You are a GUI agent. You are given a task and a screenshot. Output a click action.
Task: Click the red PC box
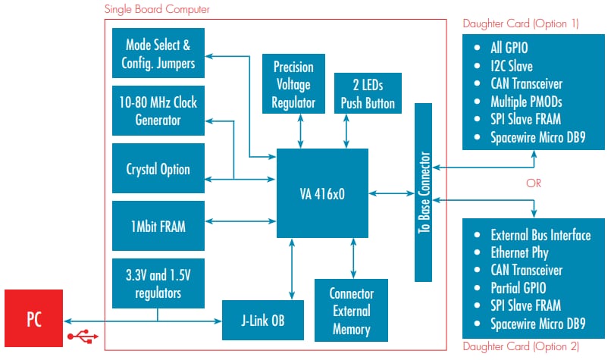click(33, 318)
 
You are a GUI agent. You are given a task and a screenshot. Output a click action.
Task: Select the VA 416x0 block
click(322, 193)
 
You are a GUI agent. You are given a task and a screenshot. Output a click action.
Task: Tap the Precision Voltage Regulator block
click(293, 84)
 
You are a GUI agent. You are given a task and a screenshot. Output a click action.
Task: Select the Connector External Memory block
click(351, 311)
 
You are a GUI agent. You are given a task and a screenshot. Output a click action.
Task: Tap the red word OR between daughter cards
click(533, 183)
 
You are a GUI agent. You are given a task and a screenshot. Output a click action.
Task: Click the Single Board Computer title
click(157, 9)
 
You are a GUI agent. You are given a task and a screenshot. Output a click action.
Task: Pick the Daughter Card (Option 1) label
click(521, 23)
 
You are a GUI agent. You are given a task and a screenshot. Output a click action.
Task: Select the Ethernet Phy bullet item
click(519, 252)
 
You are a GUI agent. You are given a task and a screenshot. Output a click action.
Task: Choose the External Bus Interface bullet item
click(540, 235)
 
